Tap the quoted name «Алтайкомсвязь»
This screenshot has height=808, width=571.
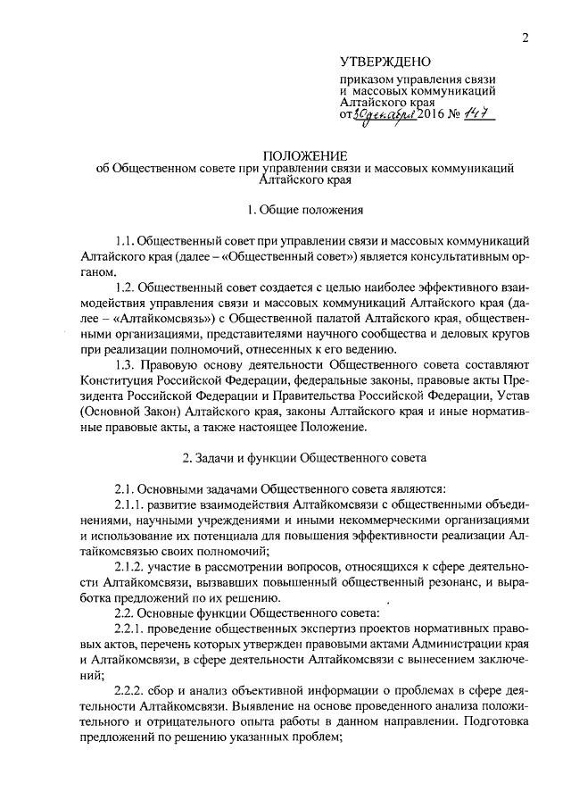pos(139,318)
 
